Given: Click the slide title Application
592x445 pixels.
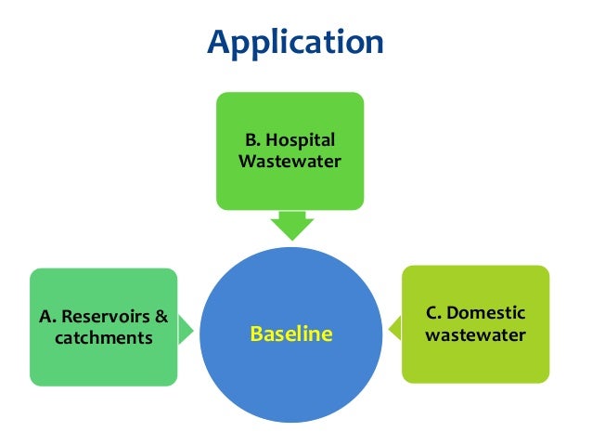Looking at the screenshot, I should pos(295,42).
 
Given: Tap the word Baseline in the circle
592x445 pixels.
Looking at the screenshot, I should pos(290,334).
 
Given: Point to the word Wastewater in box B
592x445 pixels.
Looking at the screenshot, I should pos(290,162).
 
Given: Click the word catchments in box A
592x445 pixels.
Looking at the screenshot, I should pos(103,337).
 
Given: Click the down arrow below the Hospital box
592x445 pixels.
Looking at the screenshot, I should pos(290,225).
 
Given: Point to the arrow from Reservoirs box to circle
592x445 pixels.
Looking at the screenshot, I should pos(186,327).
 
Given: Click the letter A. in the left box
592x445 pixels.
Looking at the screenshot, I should pos(47,317).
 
